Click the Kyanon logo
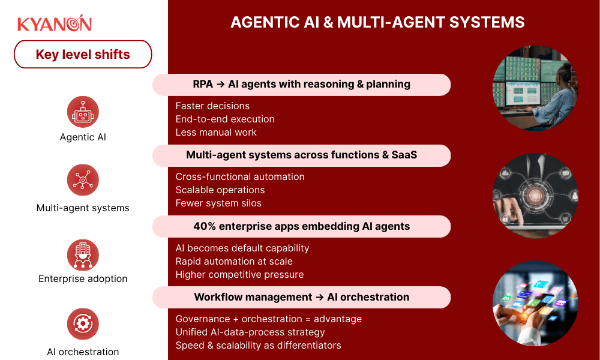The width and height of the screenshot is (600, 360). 55,23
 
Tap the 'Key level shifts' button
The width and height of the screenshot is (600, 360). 83,55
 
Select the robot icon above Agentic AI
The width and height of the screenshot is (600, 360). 83,112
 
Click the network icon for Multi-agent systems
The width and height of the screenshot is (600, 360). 83,181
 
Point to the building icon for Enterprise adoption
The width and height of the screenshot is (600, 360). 83,254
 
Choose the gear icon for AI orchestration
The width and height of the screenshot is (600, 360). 83,325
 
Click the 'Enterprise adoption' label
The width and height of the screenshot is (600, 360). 83,278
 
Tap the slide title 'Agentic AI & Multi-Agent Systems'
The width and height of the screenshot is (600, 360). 377,23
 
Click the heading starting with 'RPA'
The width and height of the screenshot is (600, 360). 301,85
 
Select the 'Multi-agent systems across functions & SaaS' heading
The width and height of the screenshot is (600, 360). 301,155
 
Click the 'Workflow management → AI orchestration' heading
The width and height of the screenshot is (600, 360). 301,297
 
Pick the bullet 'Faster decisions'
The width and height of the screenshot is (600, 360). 212,106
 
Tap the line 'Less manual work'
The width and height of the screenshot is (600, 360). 216,132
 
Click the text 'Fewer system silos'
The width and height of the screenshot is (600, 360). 218,203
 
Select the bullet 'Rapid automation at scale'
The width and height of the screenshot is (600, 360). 234,261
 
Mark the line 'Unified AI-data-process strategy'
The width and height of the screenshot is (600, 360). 250,332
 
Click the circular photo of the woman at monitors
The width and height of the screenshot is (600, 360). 535,88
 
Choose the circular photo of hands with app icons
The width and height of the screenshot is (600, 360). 535,303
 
